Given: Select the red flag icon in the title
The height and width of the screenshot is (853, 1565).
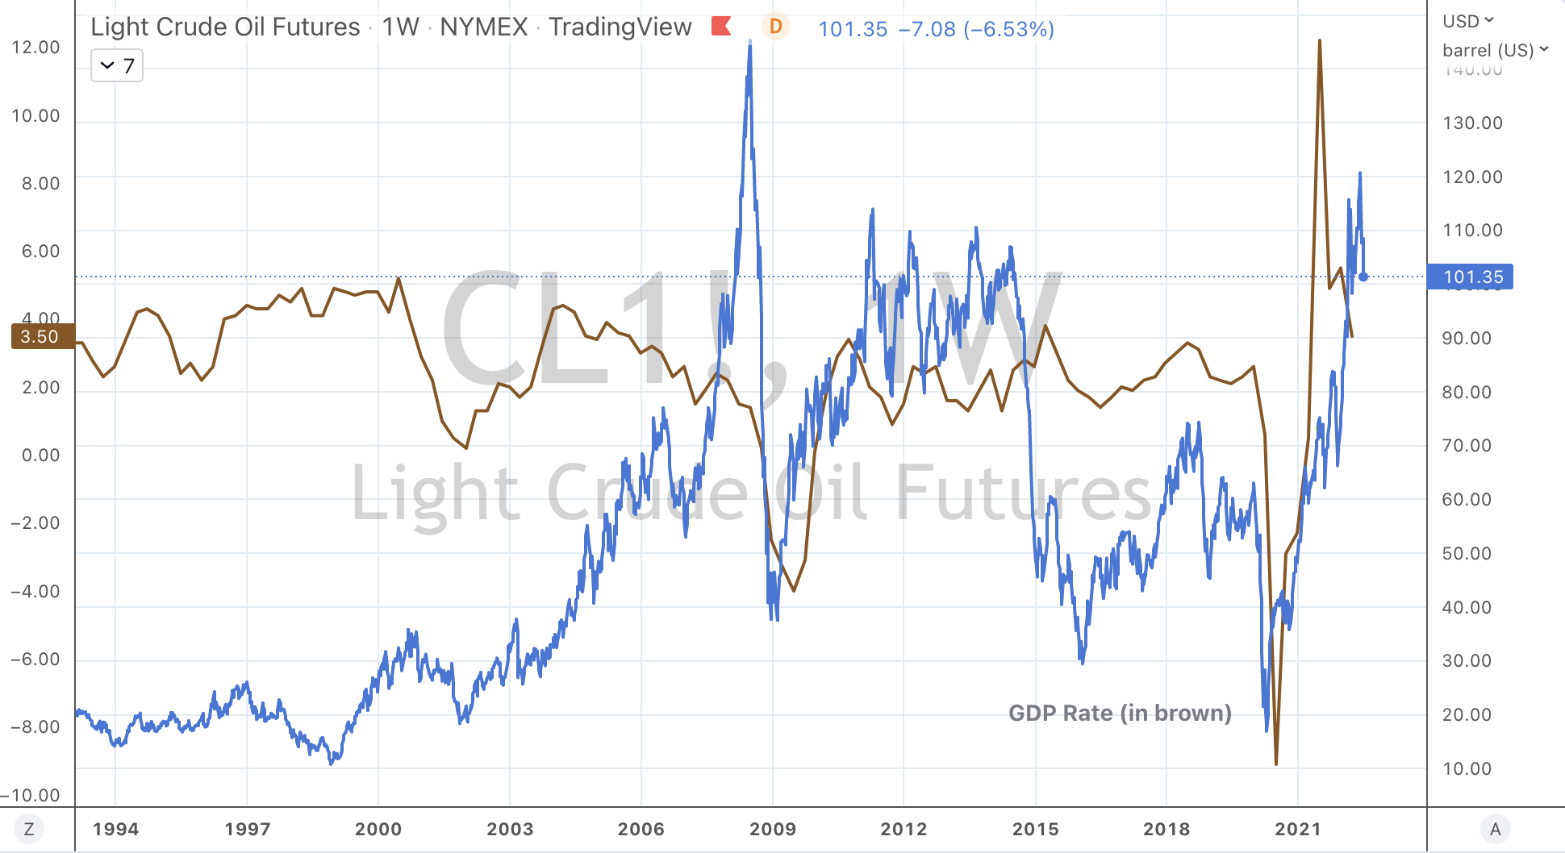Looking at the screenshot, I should (x=721, y=27).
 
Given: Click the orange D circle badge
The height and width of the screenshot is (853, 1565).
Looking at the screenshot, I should (x=775, y=27).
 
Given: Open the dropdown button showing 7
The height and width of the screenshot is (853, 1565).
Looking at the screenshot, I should (x=117, y=65).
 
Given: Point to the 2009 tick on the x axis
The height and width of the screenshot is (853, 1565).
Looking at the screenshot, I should (x=772, y=829).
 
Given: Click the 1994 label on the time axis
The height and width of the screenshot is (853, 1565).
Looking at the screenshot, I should (x=115, y=829).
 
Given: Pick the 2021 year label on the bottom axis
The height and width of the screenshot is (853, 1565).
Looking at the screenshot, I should (x=1297, y=829).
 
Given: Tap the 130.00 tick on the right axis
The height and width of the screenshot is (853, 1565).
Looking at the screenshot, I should (x=1472, y=123).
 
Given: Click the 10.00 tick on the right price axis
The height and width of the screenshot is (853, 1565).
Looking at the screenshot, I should (x=1467, y=768).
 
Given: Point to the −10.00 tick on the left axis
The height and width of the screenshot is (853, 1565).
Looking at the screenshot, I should (x=32, y=795).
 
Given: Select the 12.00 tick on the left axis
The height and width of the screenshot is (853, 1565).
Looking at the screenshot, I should (x=35, y=47).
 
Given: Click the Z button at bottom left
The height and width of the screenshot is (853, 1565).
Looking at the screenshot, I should (x=29, y=829).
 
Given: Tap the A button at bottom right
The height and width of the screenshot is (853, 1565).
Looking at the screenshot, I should (x=1495, y=829).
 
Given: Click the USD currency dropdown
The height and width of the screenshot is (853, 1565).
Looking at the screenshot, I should (x=1468, y=21).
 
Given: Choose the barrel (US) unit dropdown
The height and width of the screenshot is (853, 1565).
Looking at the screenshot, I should (x=1495, y=50).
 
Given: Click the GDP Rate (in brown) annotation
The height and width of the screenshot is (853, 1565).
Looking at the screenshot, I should (x=1120, y=713).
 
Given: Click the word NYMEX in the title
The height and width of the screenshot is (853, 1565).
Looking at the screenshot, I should (x=483, y=27).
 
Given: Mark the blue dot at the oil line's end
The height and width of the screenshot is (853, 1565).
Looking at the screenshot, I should (x=1363, y=277).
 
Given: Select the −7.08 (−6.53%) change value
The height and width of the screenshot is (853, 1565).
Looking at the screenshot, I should (x=976, y=29).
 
